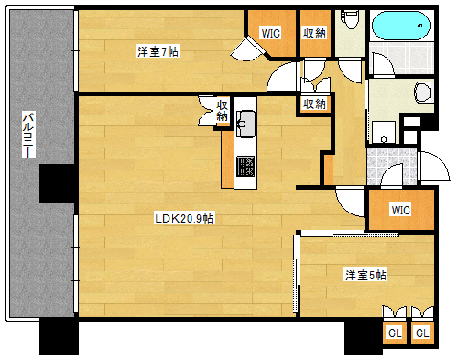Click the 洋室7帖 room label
pos(157,52)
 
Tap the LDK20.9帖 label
pos(184,218)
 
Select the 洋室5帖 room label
pos(365,275)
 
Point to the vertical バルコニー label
pos(27,137)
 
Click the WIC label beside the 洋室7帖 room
pos(270,33)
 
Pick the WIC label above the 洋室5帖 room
pos(400,210)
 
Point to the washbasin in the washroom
pos(423,92)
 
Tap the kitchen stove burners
pos(246,165)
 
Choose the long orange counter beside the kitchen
pos(225,160)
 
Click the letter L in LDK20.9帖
pos(158,218)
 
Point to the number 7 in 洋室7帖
pos(163,52)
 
